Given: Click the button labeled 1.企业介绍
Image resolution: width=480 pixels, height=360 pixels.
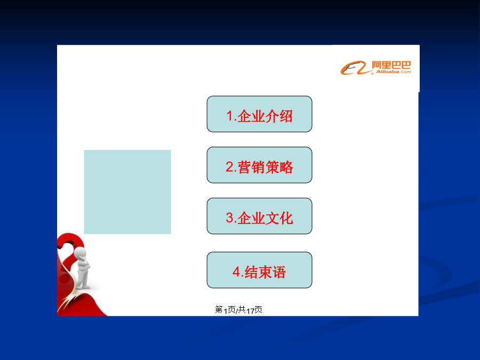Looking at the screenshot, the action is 259,114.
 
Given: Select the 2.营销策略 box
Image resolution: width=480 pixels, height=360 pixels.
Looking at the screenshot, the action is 259,165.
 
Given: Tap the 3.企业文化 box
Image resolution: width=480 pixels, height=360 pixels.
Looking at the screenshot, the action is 259,216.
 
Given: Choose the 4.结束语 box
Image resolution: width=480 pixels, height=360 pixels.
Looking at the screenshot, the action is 259,270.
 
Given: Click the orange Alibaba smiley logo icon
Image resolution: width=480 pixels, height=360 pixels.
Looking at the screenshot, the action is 353,68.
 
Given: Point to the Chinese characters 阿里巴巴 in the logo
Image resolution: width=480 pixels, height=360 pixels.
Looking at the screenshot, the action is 391,65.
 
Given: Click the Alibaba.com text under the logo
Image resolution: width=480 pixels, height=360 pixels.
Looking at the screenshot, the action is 394,72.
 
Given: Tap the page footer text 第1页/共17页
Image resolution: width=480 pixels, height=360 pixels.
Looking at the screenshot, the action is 238,310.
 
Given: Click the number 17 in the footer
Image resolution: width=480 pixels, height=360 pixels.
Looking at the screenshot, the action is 250,311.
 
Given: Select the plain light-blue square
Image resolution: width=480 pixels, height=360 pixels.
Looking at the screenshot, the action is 127,192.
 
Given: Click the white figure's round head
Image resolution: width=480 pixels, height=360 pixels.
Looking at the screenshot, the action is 80,253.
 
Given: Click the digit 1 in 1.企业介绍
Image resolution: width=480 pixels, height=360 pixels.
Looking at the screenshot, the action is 230,116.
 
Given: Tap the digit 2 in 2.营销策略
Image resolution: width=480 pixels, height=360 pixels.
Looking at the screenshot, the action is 230,167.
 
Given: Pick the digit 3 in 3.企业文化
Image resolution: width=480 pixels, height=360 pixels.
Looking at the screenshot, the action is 230,218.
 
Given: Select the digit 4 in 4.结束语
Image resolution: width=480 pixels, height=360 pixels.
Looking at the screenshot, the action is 236,272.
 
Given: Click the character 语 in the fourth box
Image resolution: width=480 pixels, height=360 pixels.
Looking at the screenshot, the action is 279,272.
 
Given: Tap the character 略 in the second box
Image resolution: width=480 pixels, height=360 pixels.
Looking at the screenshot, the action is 286,167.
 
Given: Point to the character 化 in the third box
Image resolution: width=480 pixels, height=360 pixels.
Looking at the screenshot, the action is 286,218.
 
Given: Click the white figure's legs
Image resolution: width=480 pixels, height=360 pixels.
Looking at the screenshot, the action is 83,278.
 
